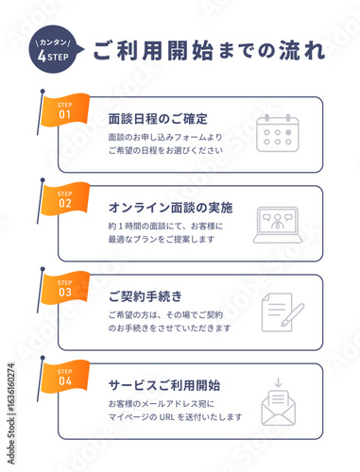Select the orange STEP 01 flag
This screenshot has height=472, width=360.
coord(65,111)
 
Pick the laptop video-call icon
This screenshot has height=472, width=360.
coord(277,225)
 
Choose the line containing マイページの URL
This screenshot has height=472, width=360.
coord(175,417)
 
